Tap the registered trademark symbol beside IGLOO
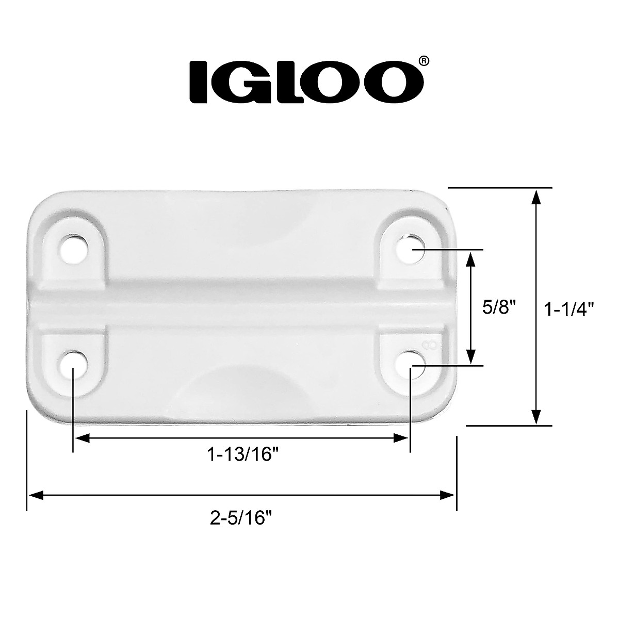pos(422,61)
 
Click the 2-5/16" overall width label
pos(241,517)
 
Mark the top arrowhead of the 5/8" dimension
pos(470,258)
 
